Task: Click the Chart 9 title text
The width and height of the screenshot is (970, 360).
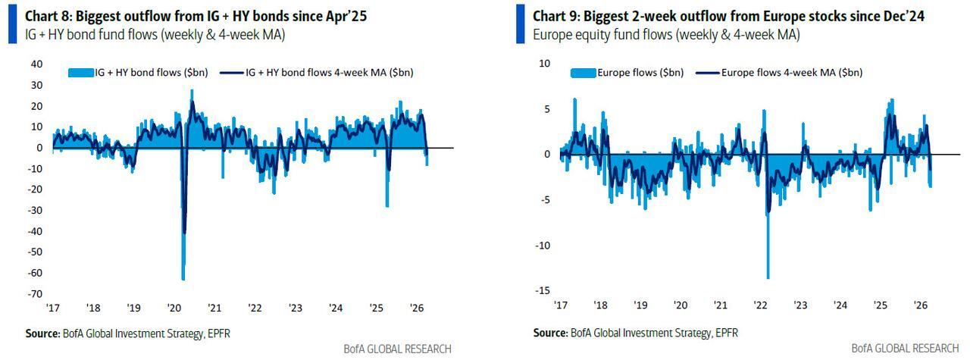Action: pyautogui.click(x=728, y=16)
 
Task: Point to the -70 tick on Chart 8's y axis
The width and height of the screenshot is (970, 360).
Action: pyautogui.click(x=36, y=294)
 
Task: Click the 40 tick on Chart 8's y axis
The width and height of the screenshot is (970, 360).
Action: pyautogui.click(x=36, y=64)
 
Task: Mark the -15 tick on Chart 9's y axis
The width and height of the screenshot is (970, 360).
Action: pyautogui.click(x=543, y=291)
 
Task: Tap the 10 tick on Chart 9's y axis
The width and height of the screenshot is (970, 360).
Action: pyautogui.click(x=544, y=64)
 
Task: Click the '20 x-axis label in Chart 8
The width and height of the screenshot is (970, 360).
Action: pyautogui.click(x=174, y=308)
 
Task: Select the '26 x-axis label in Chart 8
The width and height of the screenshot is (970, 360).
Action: pyautogui.click(x=417, y=308)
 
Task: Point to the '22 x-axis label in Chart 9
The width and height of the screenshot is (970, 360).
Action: pyautogui.click(x=760, y=305)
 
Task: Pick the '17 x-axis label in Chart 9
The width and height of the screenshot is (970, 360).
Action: pyautogui.click(x=560, y=305)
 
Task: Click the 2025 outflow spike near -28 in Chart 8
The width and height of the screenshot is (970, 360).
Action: pyautogui.click(x=387, y=205)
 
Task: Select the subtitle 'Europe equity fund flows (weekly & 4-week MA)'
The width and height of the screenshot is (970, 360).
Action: pyautogui.click(x=666, y=35)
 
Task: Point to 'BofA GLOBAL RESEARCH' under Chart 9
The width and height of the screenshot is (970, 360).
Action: pyautogui.click(x=905, y=349)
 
